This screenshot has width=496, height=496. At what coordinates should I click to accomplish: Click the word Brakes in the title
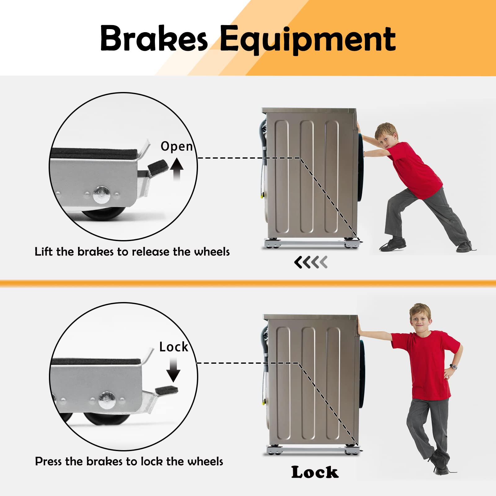(x=154, y=38)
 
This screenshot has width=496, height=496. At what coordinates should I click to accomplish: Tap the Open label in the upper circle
(x=177, y=146)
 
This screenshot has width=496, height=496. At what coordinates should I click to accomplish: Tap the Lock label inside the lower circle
(x=174, y=347)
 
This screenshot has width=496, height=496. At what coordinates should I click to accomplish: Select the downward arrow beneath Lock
(x=173, y=370)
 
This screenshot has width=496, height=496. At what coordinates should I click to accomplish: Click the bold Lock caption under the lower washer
(x=315, y=472)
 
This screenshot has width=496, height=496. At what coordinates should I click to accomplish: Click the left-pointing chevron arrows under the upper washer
(x=311, y=262)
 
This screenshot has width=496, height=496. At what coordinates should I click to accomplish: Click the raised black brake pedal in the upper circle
(x=158, y=168)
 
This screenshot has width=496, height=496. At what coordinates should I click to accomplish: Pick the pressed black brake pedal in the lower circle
(x=167, y=389)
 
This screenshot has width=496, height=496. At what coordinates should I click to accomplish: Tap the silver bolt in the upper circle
(x=102, y=194)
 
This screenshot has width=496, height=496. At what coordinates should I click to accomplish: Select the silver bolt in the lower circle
(x=107, y=400)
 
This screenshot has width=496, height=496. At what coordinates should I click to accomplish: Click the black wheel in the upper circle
(x=104, y=213)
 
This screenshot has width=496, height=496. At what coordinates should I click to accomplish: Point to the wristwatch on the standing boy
(x=454, y=367)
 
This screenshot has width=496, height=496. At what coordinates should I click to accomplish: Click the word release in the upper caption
(x=148, y=252)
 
